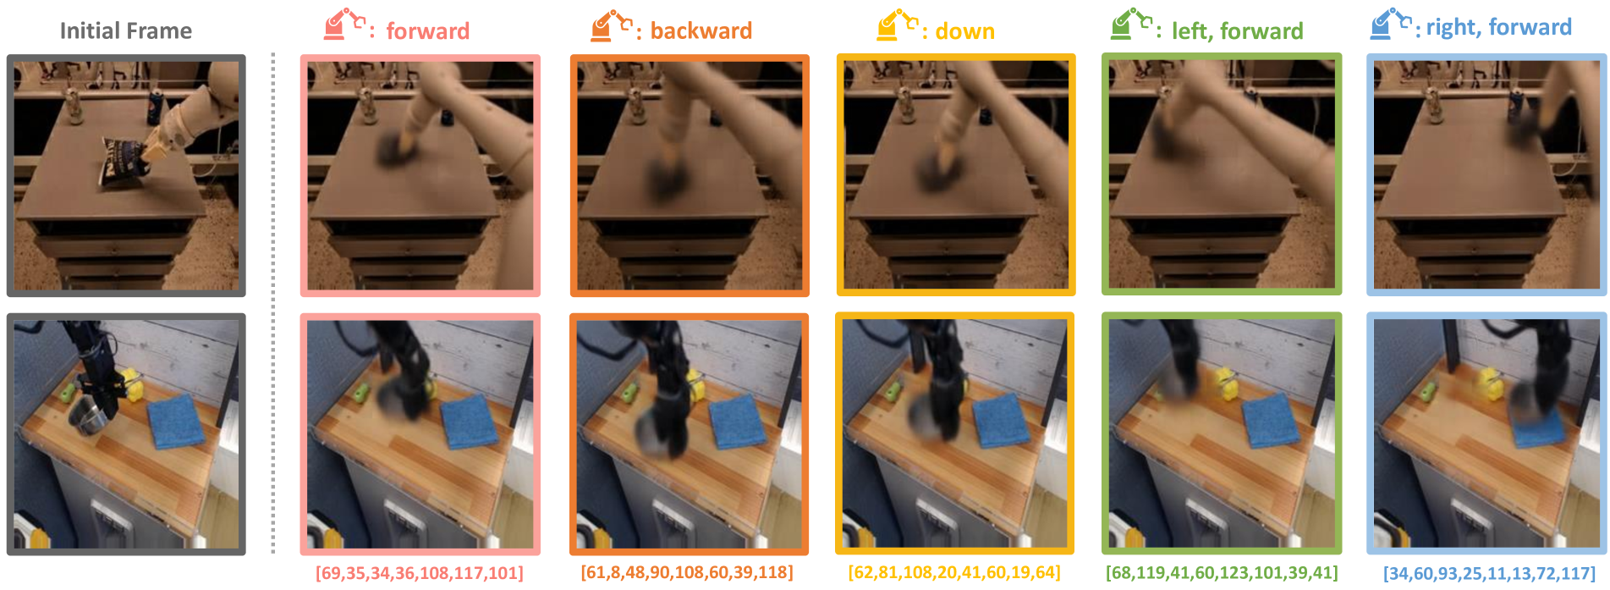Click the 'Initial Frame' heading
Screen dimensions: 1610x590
(126, 31)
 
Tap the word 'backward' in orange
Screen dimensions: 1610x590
(701, 31)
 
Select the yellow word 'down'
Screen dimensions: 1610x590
(964, 31)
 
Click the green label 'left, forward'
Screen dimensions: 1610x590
(1237, 31)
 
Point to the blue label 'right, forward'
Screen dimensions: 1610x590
(1498, 28)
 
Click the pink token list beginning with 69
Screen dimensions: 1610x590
(420, 573)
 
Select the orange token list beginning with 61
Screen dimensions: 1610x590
(687, 572)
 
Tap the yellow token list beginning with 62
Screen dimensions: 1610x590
(954, 572)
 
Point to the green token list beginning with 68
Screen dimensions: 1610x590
(1222, 573)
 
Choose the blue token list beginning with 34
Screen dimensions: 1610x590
(1489, 573)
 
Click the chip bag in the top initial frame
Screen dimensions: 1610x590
(124, 162)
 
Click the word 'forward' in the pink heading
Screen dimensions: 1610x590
(427, 31)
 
